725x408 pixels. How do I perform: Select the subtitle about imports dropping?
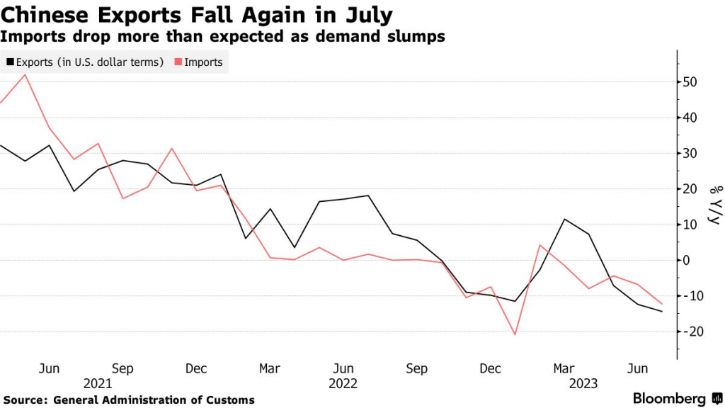coord(223,36)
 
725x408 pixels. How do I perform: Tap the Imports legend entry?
coord(203,62)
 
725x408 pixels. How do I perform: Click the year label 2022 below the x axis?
coord(343,383)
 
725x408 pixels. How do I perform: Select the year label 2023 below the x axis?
coord(584,383)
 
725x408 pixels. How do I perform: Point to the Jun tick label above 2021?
coord(49,368)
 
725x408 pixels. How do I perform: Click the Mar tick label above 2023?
coord(564,368)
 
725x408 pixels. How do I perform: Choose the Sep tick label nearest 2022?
coord(417,368)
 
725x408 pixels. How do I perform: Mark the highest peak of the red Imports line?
coord(25,74)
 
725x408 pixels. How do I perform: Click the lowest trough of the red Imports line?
coord(515,334)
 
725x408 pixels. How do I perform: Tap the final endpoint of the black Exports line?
coord(662,312)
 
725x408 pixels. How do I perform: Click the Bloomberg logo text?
coord(669,398)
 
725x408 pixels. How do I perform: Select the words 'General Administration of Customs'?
coord(154,400)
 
